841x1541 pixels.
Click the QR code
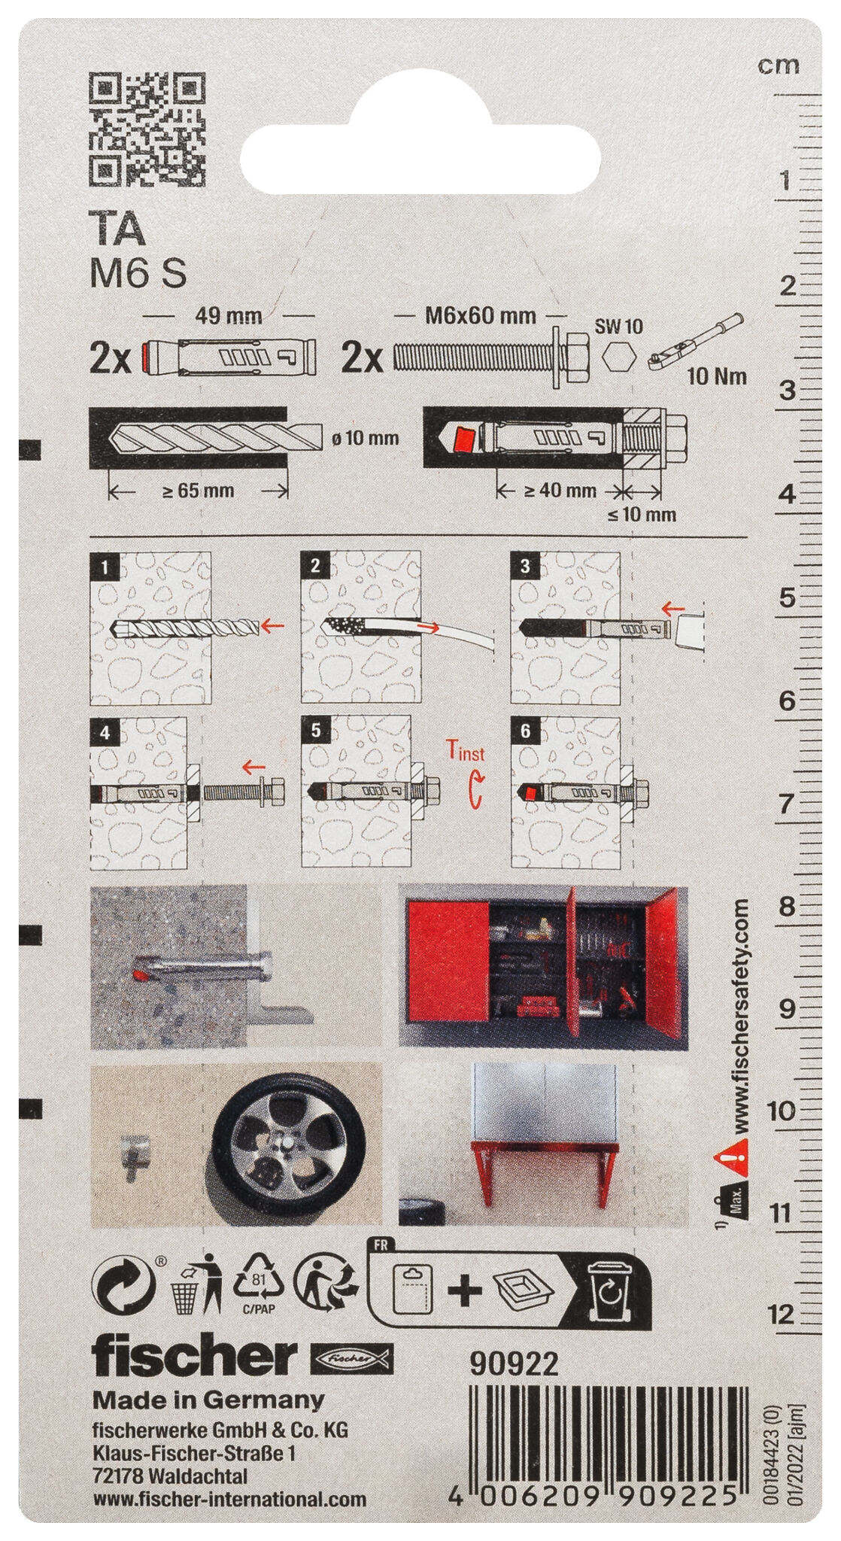click(x=147, y=129)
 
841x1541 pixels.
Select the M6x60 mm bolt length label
click(x=481, y=315)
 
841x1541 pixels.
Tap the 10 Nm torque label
click(x=717, y=375)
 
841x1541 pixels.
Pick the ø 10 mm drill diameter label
click(x=366, y=437)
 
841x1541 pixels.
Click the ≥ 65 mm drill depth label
click(x=199, y=491)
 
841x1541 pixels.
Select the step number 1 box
click(x=105, y=566)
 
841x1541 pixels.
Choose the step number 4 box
click(x=105, y=731)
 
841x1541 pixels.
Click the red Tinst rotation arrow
click(x=474, y=794)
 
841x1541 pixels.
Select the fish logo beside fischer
click(x=351, y=1359)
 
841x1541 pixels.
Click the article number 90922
click(x=514, y=1364)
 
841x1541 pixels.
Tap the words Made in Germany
click(x=208, y=1400)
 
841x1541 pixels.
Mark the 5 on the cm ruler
click(x=787, y=599)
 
